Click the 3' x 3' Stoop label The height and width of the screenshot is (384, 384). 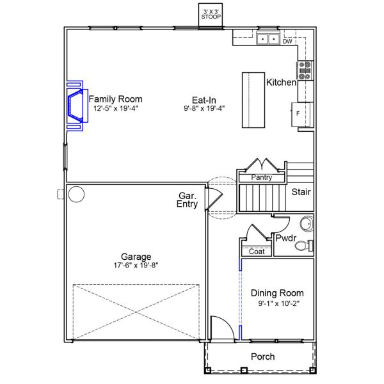[211, 15]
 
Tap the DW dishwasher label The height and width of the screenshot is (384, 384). [287, 42]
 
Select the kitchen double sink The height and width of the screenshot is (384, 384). [268, 40]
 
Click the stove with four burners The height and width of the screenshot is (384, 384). [305, 69]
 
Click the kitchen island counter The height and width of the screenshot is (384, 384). [253, 100]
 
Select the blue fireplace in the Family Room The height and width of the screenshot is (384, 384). [76, 105]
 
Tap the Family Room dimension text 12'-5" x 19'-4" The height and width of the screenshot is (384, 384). [115, 109]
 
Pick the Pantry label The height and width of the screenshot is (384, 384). [262, 177]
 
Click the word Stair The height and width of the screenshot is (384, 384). [301, 191]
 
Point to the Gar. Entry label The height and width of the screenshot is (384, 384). [188, 200]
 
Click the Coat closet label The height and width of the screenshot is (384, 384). [256, 252]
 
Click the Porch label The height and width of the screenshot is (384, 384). [262, 356]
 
